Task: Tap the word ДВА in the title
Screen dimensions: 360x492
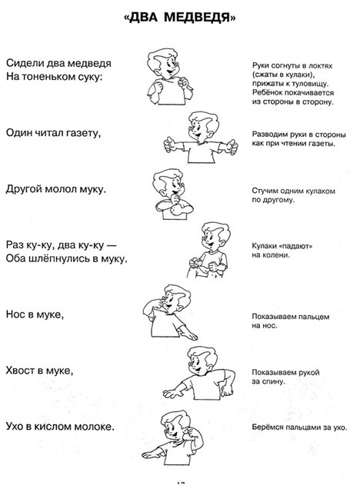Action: tap(143, 18)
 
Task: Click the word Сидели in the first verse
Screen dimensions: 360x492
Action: tap(25, 63)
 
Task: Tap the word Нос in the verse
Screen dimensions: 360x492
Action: tap(15, 314)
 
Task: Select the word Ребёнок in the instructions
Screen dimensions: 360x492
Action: tap(266, 93)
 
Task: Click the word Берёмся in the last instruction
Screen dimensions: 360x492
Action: tap(266, 427)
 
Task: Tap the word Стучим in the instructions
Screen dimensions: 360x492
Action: tap(264, 191)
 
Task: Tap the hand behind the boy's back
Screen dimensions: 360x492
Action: tap(228, 391)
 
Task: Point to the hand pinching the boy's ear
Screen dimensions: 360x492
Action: tap(188, 431)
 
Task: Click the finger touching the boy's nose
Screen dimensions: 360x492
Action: tap(161, 303)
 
